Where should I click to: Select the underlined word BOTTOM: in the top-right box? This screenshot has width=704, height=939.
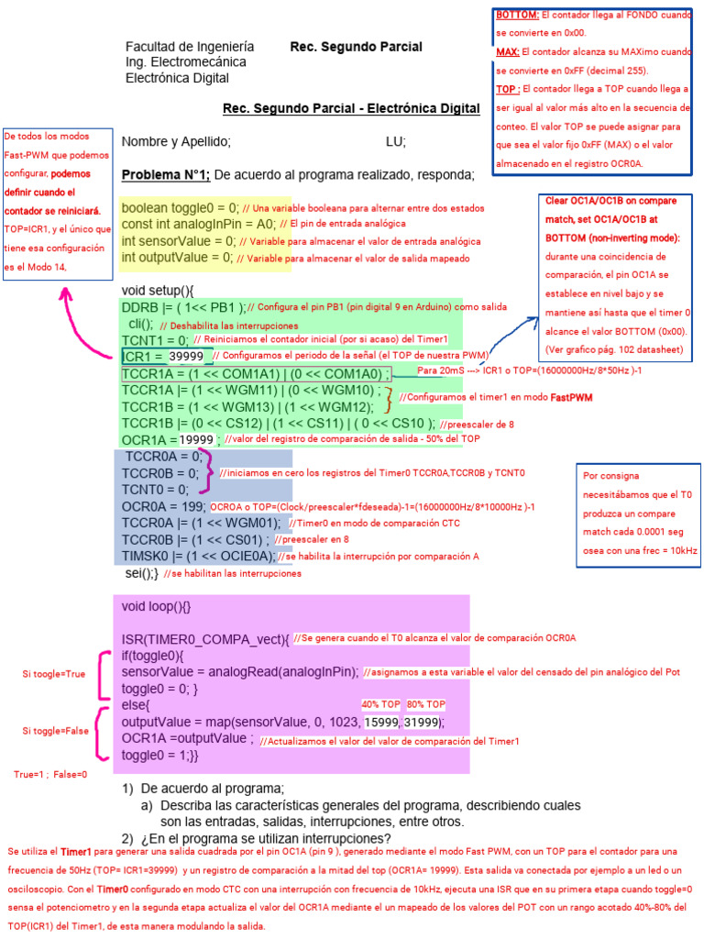pos(517,16)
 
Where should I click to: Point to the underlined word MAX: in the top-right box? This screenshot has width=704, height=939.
pos(508,52)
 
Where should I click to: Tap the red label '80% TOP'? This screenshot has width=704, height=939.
pos(426,704)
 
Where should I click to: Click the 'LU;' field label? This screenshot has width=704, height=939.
pos(396,142)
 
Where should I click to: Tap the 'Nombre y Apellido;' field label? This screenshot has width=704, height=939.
pos(176,142)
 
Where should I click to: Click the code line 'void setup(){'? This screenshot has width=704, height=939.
pos(159,291)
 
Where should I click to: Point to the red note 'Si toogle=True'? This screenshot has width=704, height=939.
pos(54,674)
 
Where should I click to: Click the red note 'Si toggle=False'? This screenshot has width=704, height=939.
pos(55,731)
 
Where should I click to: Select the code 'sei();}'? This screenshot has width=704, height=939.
pos(142,572)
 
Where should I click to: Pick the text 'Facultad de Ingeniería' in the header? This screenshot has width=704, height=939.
pos(190,47)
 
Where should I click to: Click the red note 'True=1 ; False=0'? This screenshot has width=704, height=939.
pos(50,774)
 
